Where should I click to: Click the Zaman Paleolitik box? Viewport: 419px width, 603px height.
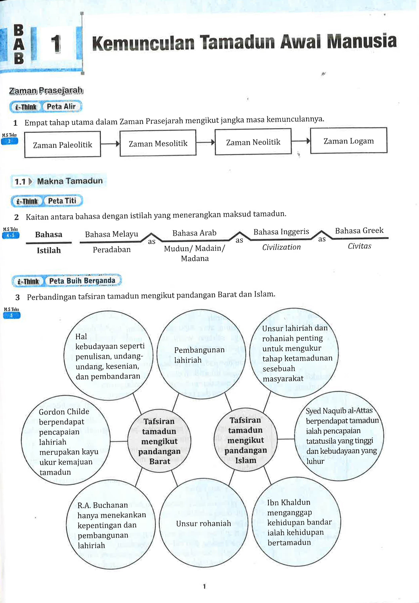[63, 145]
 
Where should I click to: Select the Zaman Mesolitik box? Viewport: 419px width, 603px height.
[158, 143]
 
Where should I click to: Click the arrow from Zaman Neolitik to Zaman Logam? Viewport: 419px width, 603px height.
[301, 141]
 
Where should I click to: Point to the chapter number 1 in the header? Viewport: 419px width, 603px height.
[56, 44]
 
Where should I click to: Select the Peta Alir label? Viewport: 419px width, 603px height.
[61, 107]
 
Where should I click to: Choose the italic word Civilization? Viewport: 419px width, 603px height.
[281, 247]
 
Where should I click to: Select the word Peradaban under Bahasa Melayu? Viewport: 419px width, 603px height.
[112, 250]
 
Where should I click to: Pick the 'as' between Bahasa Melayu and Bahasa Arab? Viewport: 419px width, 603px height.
[151, 242]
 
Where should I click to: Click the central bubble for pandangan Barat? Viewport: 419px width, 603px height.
[159, 441]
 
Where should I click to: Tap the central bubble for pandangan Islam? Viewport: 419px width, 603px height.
[245, 440]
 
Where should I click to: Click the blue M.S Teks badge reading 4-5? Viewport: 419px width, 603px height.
[11, 235]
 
